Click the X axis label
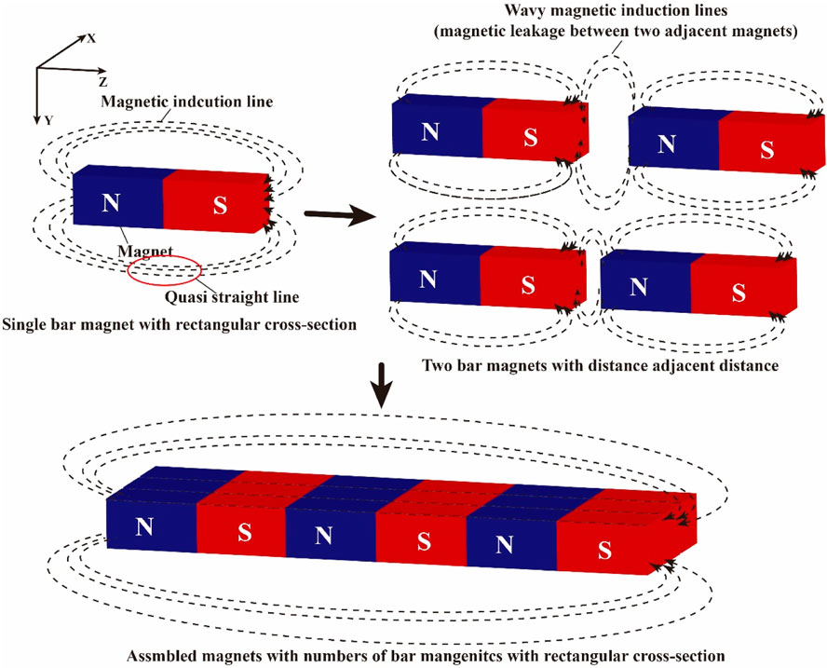pos(92,39)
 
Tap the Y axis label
pos(47,118)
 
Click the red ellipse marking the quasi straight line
pos(164,270)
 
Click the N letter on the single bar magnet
pos(111,204)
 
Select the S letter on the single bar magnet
pos(220,206)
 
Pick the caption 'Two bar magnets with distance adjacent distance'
pos(599,365)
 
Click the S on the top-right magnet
pos(766,149)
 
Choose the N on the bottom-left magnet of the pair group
pos(427,279)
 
